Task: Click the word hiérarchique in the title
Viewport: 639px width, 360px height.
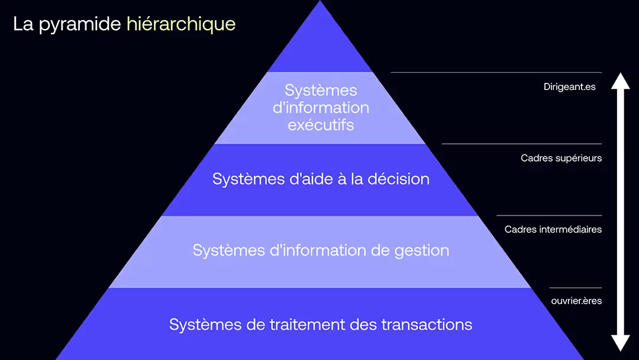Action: [x=181, y=25]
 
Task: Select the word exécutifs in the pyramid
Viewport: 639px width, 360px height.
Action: [x=321, y=125]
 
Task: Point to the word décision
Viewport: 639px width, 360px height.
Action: [x=398, y=179]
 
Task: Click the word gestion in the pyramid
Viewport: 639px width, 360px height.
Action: [x=421, y=250]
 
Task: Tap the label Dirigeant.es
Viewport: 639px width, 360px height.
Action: [x=569, y=87]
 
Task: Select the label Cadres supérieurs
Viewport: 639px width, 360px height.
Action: [x=561, y=158]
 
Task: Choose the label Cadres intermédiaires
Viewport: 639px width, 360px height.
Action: [x=553, y=229]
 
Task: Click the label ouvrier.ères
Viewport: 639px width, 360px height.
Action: [x=576, y=301]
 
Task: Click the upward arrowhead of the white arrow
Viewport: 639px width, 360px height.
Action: [x=620, y=81]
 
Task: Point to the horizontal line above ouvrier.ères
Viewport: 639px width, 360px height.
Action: [x=576, y=288]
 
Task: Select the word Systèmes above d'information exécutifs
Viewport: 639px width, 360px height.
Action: [x=321, y=90]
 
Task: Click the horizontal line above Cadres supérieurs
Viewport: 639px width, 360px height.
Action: [x=521, y=143]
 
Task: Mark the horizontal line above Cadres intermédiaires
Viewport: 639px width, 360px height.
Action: [x=549, y=216]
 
